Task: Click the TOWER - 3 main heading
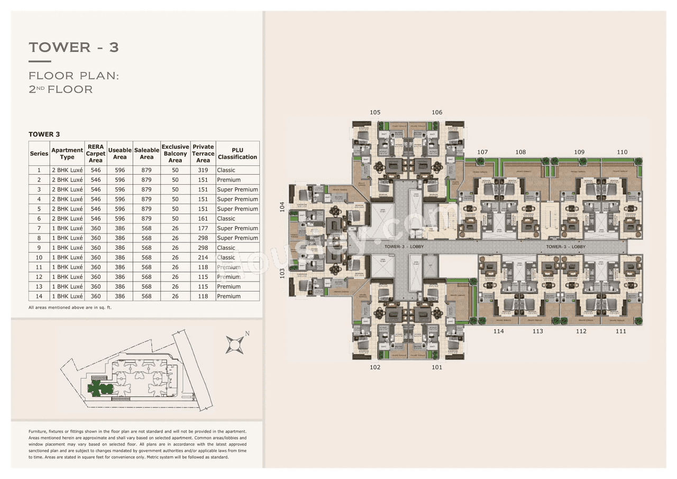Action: (74, 47)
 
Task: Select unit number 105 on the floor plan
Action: (375, 112)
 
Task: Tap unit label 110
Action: (622, 152)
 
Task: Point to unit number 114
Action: (498, 331)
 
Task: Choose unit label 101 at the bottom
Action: (437, 367)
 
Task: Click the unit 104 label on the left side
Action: (282, 207)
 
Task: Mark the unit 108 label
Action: (520, 152)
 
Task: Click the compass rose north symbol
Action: (235, 344)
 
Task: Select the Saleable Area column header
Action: (147, 153)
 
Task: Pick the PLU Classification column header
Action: (237, 153)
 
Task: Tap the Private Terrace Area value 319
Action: (203, 170)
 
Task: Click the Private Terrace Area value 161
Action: (203, 219)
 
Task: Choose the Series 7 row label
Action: (39, 229)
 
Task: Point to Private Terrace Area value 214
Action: (203, 258)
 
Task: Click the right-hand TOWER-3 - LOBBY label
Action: (565, 247)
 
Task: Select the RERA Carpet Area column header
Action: (96, 153)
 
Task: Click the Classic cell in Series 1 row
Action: (226, 170)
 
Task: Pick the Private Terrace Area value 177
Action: (203, 229)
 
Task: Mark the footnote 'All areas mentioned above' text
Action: (70, 308)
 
